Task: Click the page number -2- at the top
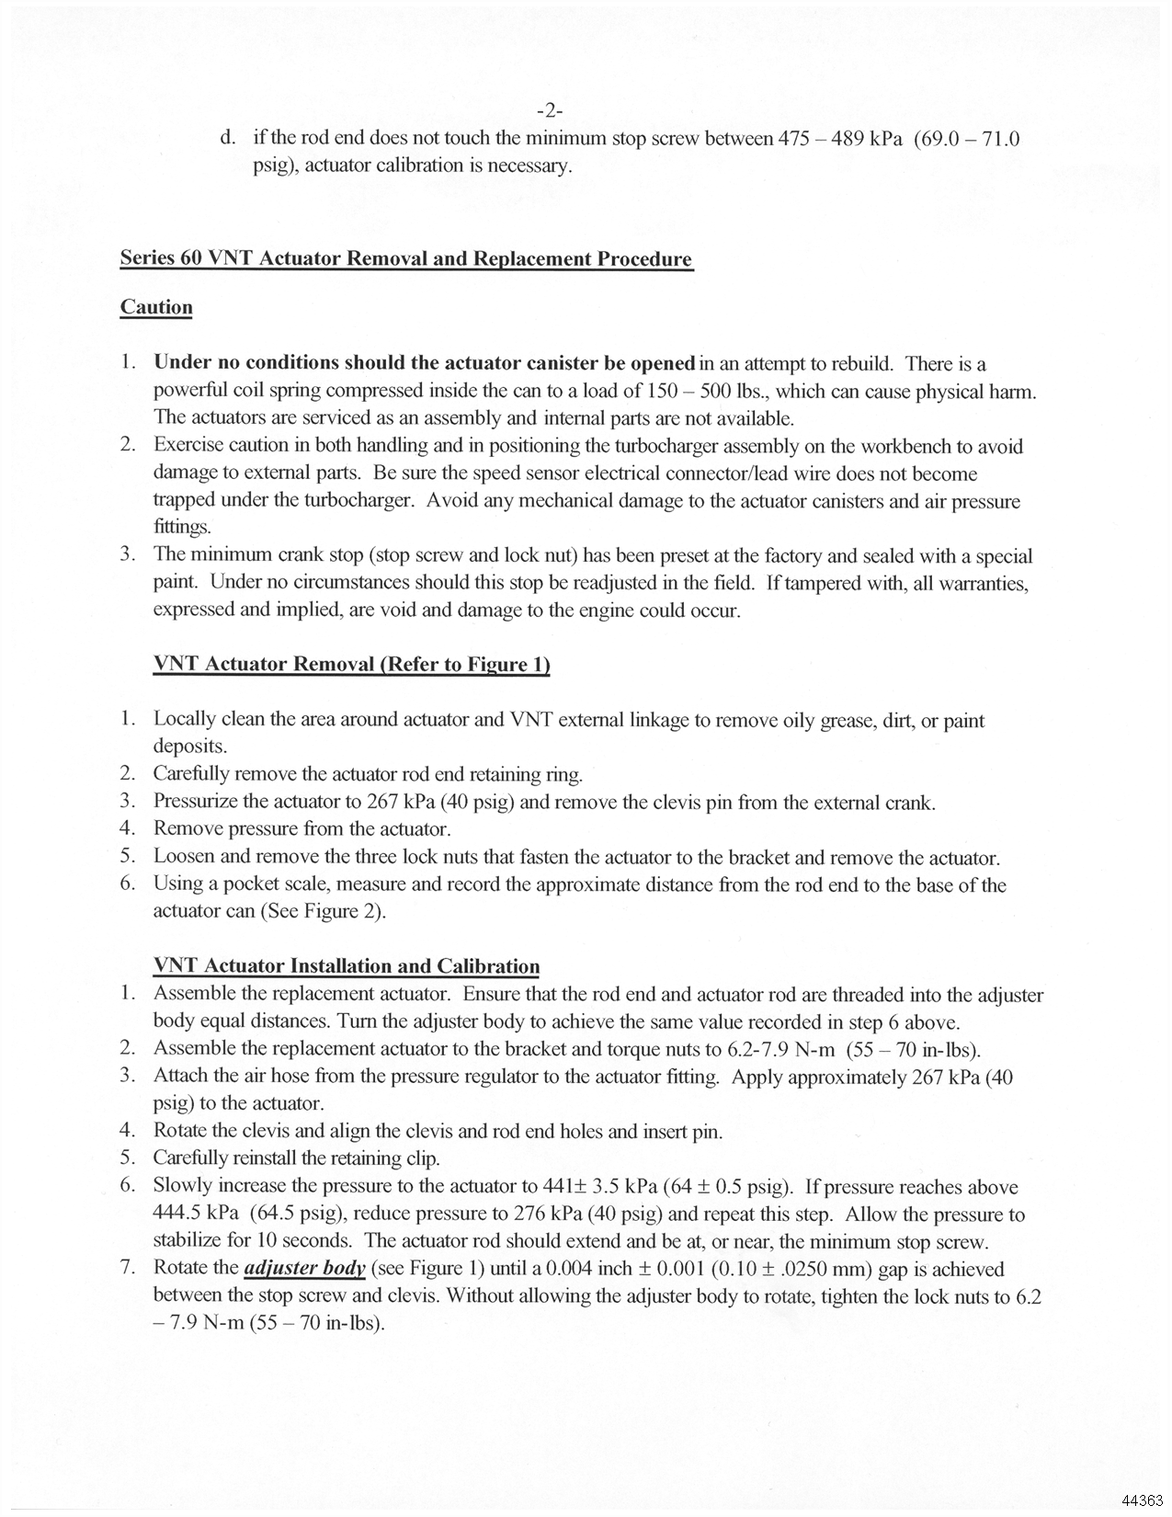coord(549,111)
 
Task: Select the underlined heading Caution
coord(156,307)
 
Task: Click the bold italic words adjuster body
coord(305,1269)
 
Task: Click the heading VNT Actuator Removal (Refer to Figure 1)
coord(351,664)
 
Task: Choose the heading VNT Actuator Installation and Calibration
coord(347,966)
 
